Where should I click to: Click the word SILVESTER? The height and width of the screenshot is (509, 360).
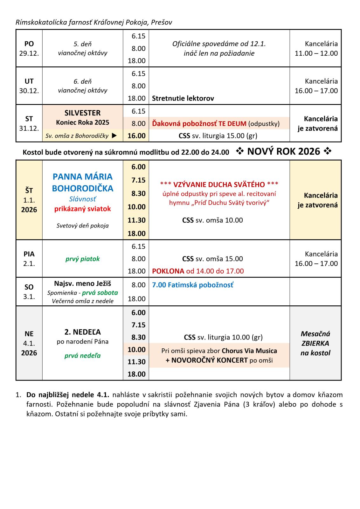tap(82, 113)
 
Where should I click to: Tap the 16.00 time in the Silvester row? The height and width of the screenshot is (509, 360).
tap(136, 136)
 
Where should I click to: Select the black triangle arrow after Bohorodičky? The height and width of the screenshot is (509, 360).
tap(114, 136)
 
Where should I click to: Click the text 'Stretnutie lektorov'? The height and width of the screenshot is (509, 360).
tap(183, 98)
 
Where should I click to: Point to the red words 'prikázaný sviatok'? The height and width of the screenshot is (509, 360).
tap(82, 209)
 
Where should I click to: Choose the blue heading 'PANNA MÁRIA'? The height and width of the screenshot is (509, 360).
tap(82, 177)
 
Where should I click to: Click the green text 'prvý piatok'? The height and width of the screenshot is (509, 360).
tap(82, 259)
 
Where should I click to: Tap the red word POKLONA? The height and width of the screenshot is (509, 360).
tap(168, 271)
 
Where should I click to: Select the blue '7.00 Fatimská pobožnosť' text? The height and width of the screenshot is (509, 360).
tap(192, 285)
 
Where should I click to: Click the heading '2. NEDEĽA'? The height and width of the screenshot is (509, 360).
tap(82, 332)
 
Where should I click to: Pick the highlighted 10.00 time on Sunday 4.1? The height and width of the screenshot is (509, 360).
tap(136, 350)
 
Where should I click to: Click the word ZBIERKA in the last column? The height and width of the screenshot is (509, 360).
tap(315, 343)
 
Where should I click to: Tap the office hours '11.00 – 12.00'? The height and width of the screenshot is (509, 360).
tap(316, 53)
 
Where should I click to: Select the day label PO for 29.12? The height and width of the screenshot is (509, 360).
tap(29, 44)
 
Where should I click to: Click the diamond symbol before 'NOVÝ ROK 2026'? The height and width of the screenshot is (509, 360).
tap(240, 152)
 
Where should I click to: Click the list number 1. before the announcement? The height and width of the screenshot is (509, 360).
tap(18, 395)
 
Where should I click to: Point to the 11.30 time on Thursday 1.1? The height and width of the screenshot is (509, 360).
tap(136, 220)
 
